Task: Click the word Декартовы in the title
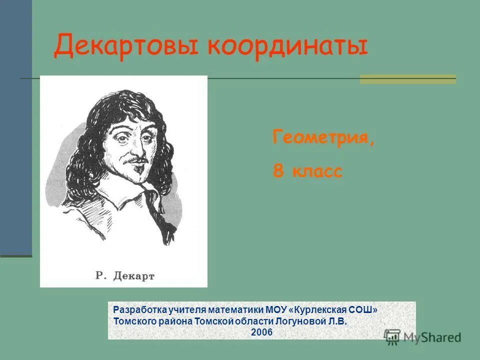click(127, 46)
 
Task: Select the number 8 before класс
click(277, 171)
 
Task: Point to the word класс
click(316, 172)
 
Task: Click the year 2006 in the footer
click(261, 331)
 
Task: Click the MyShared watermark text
click(432, 337)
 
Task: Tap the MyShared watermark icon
click(392, 336)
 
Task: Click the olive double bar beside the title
click(408, 79)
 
